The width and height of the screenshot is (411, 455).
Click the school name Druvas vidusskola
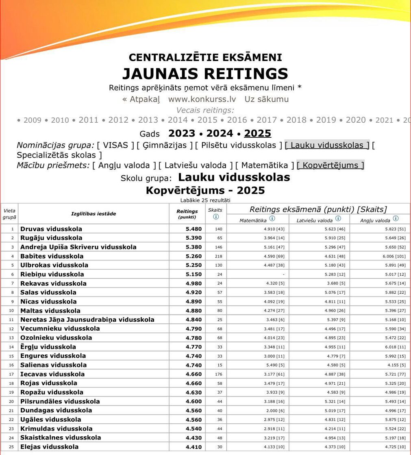point(51,229)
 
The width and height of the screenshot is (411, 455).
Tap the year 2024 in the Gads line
point(220,133)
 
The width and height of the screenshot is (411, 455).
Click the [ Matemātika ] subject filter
point(265,165)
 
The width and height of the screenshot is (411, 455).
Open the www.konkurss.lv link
point(202,99)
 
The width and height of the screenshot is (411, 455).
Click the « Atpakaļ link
point(141,99)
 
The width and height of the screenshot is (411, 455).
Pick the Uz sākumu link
point(266,99)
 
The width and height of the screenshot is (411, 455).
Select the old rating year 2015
point(207,120)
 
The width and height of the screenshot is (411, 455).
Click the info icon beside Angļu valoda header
point(396,219)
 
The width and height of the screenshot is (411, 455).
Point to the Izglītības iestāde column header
point(94,214)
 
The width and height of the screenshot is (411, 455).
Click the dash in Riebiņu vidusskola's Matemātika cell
point(283,274)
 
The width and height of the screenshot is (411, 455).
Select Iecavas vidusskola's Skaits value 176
point(218,374)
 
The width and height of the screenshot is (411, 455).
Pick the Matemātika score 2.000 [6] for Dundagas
point(276,410)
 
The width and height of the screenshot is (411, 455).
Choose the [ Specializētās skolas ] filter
point(59,155)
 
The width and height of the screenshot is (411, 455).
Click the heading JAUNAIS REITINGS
point(205,74)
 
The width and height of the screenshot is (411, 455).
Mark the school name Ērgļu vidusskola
point(48,347)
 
